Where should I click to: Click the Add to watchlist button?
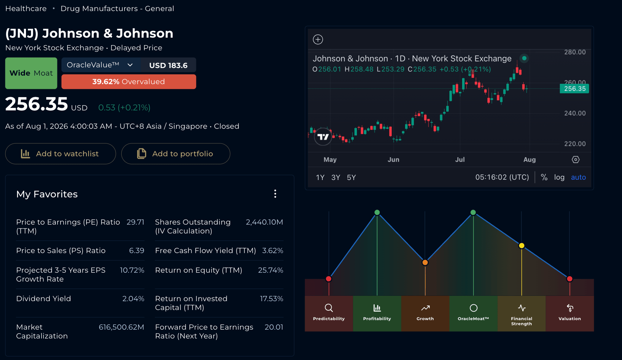[61, 154]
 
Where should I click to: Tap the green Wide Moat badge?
[31, 73]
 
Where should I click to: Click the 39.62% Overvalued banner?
[129, 82]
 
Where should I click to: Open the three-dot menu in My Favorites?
[275, 194]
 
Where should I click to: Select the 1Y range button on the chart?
[320, 177]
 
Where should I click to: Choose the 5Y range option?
[351, 177]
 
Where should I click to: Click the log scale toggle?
[559, 177]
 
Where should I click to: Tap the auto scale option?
[578, 177]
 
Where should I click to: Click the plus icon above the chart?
[318, 40]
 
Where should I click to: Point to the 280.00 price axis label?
[575, 52]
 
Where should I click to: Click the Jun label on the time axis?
[393, 160]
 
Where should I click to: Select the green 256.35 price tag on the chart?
[574, 89]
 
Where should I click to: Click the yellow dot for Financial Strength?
[522, 245]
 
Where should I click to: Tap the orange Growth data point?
[425, 262]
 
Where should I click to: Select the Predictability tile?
[329, 313]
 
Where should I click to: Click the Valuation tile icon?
[570, 308]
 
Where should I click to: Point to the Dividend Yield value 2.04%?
[133, 299]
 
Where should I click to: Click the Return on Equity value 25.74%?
[271, 270]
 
